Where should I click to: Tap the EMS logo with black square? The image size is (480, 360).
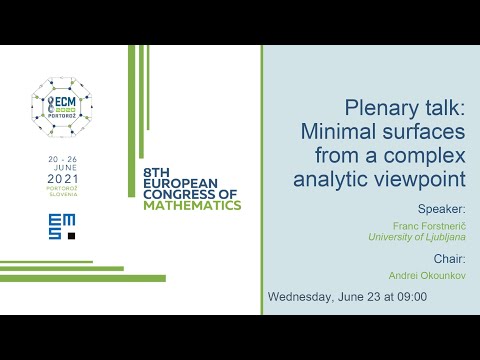click(x=62, y=226)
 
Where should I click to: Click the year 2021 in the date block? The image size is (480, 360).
click(x=62, y=179)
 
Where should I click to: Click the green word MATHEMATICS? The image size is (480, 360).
click(x=192, y=205)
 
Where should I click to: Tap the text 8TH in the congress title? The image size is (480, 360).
click(x=160, y=170)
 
